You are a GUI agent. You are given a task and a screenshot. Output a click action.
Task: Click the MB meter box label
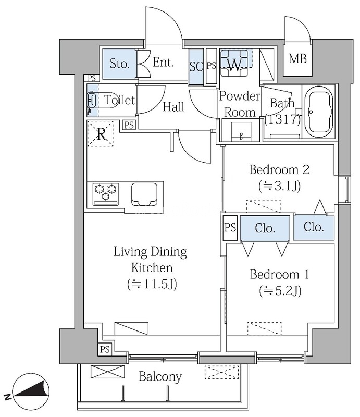coord(297,58)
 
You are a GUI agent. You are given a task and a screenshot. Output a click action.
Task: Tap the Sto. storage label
coord(120,64)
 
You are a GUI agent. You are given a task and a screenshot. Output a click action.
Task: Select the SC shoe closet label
coord(196,67)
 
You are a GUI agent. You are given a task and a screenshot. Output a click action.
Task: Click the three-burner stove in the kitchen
coord(106,194)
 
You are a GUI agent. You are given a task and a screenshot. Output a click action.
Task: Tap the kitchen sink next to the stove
coord(144,194)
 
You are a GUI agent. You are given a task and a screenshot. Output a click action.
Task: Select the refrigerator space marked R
coord(101,134)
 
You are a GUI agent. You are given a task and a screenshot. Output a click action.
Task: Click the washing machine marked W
coord(234,63)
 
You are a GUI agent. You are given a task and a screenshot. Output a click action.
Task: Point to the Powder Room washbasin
coord(241,131)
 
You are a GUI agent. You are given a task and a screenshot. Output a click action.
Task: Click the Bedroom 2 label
coord(279,169)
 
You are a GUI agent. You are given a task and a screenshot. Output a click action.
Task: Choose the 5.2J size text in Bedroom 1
coord(280,290)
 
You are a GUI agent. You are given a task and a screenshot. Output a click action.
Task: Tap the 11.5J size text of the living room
coord(152,284)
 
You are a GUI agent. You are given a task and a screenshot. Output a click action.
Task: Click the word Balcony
coord(160,377)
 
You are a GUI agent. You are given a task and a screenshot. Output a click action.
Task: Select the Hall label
coord(173,107)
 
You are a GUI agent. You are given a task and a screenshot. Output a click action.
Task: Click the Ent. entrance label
coord(163,63)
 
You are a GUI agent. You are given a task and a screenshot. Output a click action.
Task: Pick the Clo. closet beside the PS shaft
coord(265,228)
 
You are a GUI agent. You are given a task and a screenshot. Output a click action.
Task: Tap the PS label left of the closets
coord(230,227)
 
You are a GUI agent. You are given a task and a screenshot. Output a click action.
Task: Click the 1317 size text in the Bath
coord(282,120)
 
